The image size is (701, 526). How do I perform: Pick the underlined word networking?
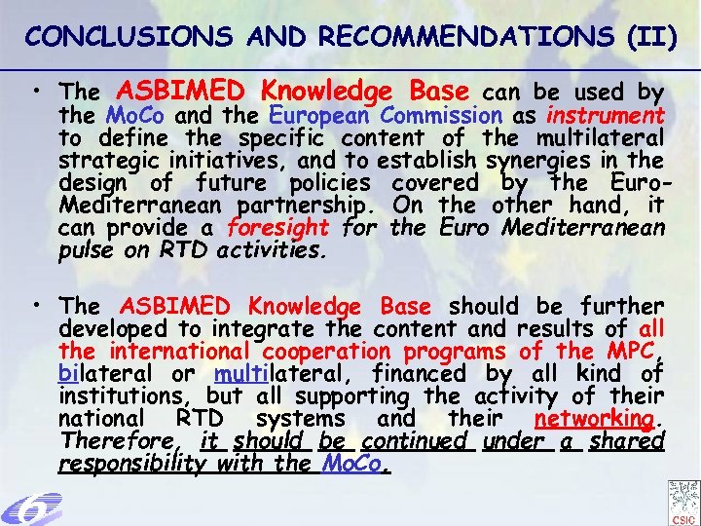point(594,419)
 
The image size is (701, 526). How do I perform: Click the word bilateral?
point(98,373)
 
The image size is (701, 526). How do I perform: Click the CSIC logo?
point(683,502)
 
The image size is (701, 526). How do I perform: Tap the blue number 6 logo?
point(31,507)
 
